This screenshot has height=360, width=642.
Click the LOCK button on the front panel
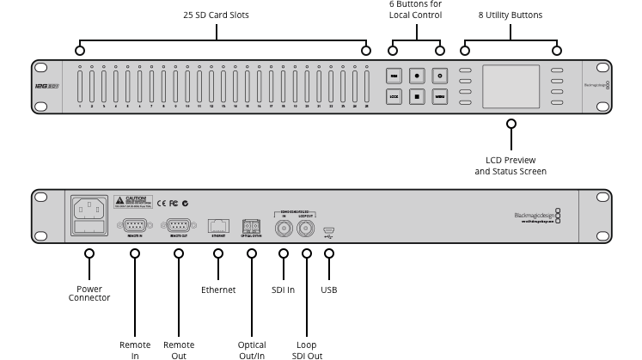point(394,97)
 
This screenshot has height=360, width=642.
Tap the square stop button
point(417,97)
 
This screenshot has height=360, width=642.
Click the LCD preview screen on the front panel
point(511,86)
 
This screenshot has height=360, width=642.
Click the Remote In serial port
point(134,225)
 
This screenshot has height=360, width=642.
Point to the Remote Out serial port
point(179,225)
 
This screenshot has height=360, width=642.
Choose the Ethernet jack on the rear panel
point(218,225)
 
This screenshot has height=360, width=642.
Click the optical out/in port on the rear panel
point(251,225)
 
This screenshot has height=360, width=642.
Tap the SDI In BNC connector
point(284,228)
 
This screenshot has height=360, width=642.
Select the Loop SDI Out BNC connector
point(306,228)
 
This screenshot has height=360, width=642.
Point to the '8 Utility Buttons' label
point(510,15)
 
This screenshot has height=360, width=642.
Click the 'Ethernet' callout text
point(218,290)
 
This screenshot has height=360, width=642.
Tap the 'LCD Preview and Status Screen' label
point(511,166)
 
